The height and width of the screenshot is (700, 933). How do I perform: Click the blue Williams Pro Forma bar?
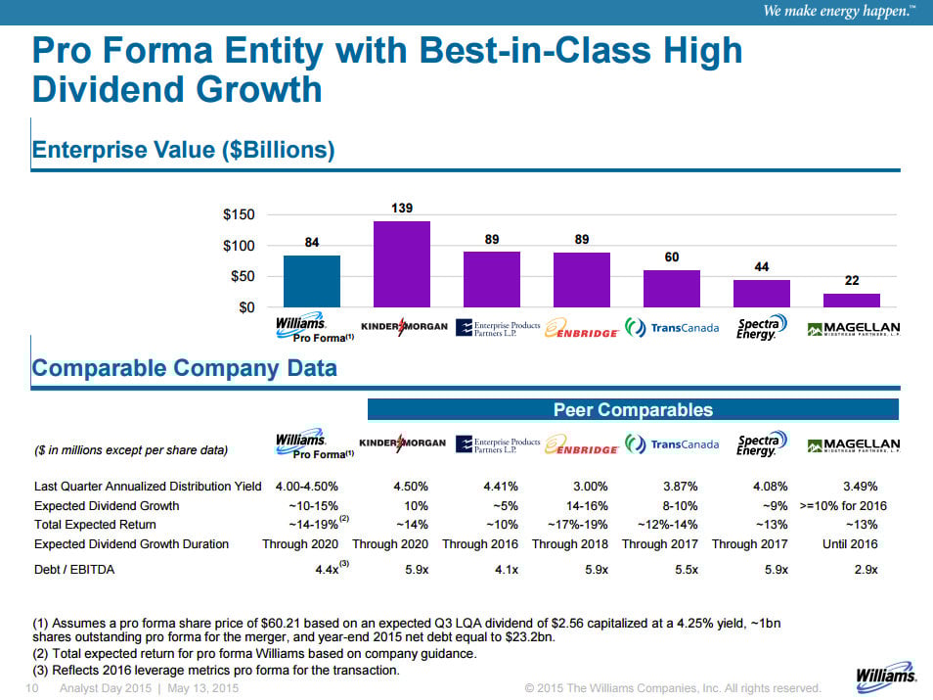[311, 281]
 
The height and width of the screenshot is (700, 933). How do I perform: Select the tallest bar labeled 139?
[401, 264]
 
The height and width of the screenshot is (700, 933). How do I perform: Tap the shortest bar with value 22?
[851, 300]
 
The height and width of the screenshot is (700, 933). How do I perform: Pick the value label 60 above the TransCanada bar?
[672, 257]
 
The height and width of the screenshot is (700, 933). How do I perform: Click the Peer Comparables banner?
[633, 410]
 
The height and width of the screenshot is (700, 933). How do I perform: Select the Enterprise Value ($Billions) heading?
[184, 150]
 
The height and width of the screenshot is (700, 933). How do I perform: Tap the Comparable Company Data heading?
[185, 368]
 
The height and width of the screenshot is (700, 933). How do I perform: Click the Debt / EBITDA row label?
[74, 569]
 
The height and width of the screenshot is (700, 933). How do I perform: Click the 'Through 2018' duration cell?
[569, 543]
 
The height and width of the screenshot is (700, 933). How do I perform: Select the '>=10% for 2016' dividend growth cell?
[843, 506]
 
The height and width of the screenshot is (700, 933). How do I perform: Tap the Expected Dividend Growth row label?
[107, 506]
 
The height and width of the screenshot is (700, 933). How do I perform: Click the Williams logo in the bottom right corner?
[886, 675]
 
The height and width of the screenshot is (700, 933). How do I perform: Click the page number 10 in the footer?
[30, 689]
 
